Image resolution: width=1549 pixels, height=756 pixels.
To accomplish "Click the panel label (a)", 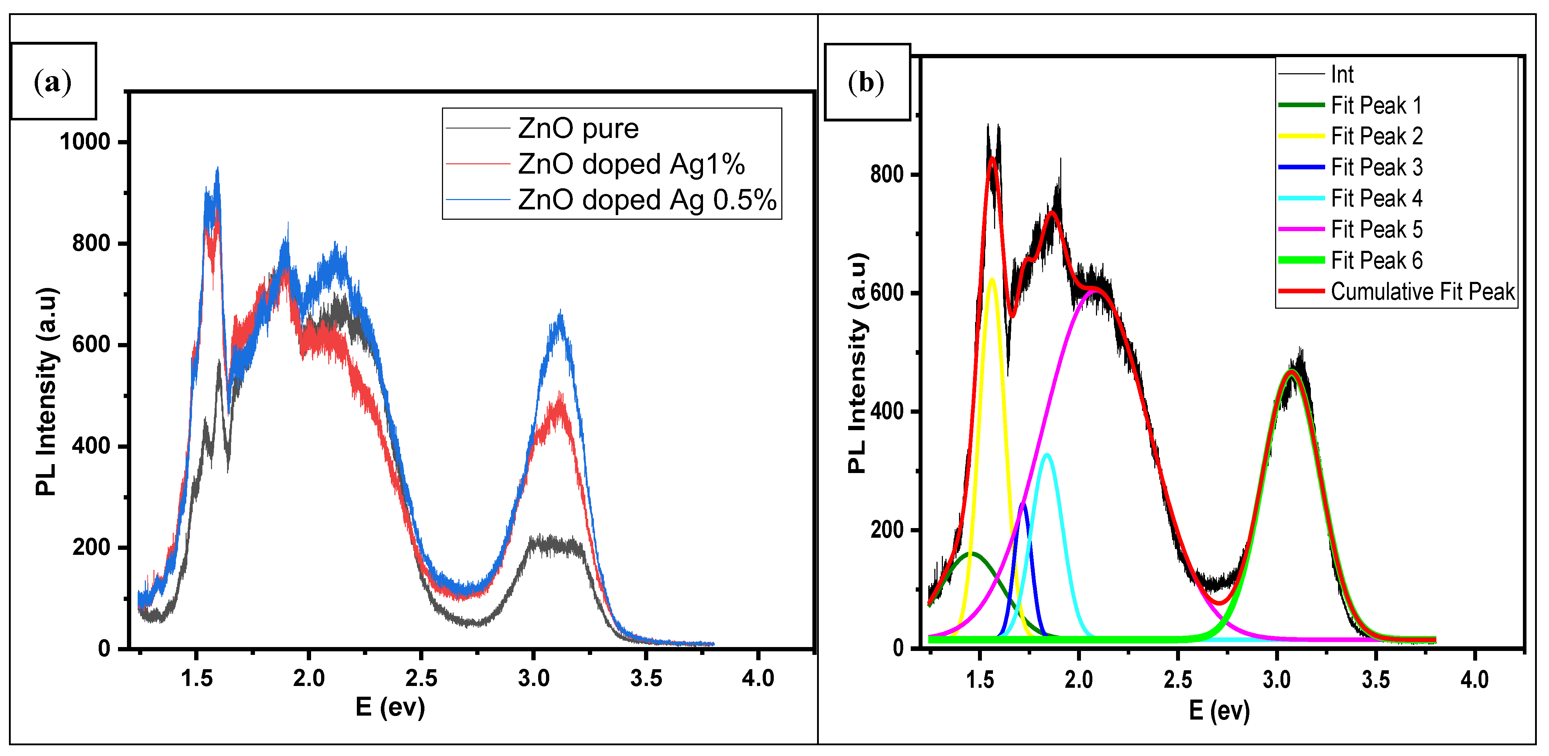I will pos(53,82).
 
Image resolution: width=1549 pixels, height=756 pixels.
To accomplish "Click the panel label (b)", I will pos(866,82).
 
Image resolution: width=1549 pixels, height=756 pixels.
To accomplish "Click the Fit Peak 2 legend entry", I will pos(1376,136).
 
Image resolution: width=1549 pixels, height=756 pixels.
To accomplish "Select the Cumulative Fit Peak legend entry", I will pos(1422,292).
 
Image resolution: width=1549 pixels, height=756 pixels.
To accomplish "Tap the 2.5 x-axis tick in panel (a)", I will pos(421,678).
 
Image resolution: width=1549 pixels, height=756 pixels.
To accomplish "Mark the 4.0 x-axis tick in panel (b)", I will pos(1474,679).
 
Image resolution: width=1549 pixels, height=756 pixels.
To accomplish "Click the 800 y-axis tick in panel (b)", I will pos(887,174).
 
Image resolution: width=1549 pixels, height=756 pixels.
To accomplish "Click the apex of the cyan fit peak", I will pos(1047,455).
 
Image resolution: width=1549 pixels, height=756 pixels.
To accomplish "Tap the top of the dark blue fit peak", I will pos(1023,504).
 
